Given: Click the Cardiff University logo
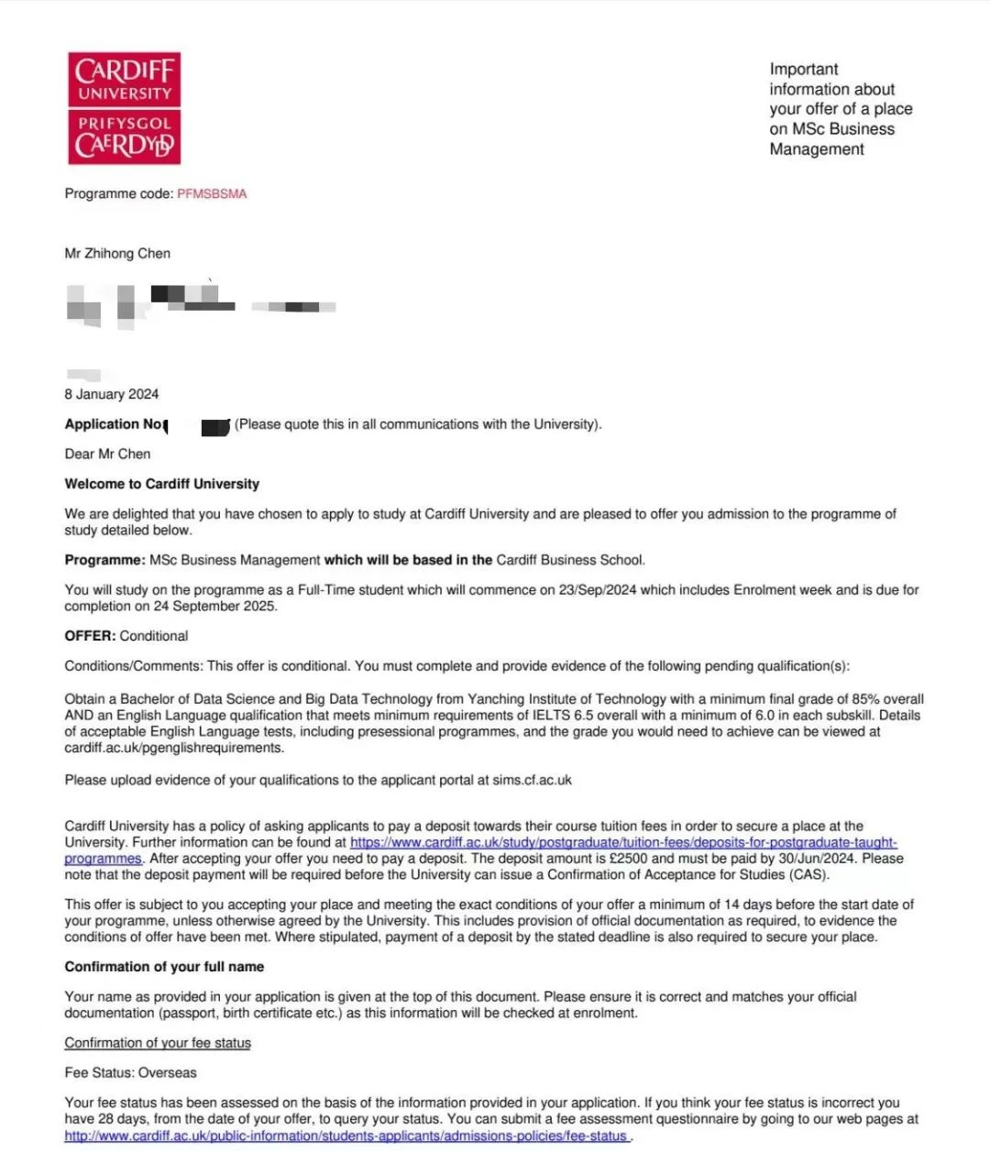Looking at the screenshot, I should [124, 108].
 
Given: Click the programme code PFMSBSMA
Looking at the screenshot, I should [212, 193].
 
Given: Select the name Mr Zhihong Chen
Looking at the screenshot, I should [117, 253].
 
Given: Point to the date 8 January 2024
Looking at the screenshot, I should [112, 394].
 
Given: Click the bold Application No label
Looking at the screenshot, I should [114, 424].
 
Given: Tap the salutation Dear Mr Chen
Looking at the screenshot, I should [107, 454].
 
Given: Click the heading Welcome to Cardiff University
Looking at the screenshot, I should [162, 484].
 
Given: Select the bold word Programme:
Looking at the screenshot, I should [104, 560].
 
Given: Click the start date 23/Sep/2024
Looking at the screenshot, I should [598, 590].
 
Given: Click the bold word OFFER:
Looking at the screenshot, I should [90, 636].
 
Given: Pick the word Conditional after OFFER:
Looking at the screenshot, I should [154, 636].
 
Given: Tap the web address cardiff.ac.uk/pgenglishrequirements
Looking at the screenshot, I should [174, 748].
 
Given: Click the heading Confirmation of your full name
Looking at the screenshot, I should [164, 967].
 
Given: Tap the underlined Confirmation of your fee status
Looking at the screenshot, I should [158, 1043].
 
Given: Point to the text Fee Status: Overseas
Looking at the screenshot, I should [130, 1073].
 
